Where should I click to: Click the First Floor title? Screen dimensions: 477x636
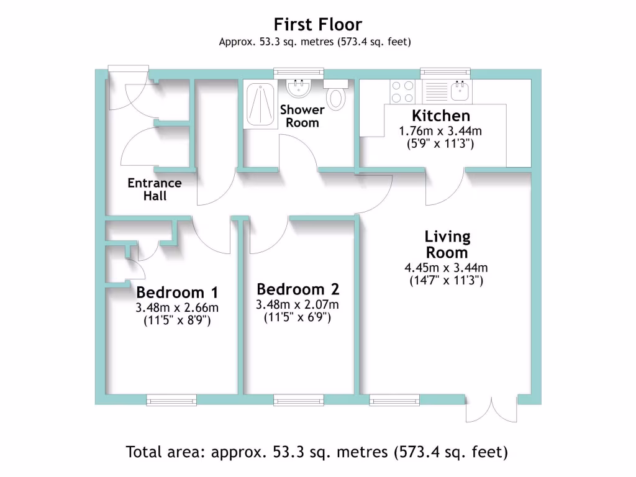tap(317, 25)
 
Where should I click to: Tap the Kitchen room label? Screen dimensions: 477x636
tap(441, 116)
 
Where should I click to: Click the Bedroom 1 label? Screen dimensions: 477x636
tap(176, 293)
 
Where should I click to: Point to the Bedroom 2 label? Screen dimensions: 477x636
tap(299, 289)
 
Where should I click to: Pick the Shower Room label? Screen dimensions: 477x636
tap(302, 116)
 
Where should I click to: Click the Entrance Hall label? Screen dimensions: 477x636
tap(155, 189)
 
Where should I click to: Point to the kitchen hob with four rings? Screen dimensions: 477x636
tap(402, 92)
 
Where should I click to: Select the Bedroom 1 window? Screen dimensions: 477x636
tap(171, 400)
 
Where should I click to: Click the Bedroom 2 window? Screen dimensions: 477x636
tap(298, 400)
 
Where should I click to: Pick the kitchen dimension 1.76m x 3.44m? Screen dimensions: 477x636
tap(440, 132)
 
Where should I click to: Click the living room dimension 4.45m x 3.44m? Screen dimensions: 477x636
tap(446, 268)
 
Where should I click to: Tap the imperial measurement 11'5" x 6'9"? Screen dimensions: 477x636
tap(298, 317)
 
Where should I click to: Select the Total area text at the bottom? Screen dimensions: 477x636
tap(317, 452)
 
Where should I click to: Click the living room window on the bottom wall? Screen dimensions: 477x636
tap(390, 400)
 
